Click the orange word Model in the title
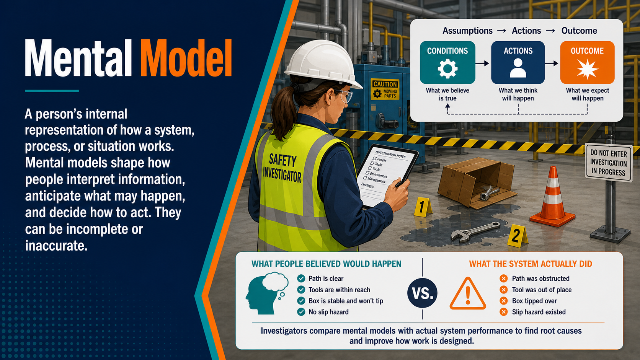coord(186,58)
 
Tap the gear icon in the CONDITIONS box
coord(447,68)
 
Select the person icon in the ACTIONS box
coord(518,68)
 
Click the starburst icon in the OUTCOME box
coord(588,69)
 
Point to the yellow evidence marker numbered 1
coord(422,207)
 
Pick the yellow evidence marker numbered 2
coord(517,236)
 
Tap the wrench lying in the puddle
coord(475,231)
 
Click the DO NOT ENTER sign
coord(609,163)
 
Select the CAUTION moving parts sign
coord(385,90)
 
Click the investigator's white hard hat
coord(323,64)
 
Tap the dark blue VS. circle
coord(422,293)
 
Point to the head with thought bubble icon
coord(267,293)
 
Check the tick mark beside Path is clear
coord(301,279)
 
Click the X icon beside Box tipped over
coord(504,301)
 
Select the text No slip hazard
coord(328,312)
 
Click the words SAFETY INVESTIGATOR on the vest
coord(282,168)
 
